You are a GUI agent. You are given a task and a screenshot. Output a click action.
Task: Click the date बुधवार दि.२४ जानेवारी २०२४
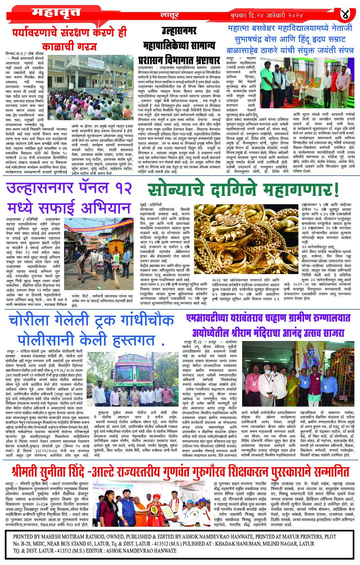pos(267,16)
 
